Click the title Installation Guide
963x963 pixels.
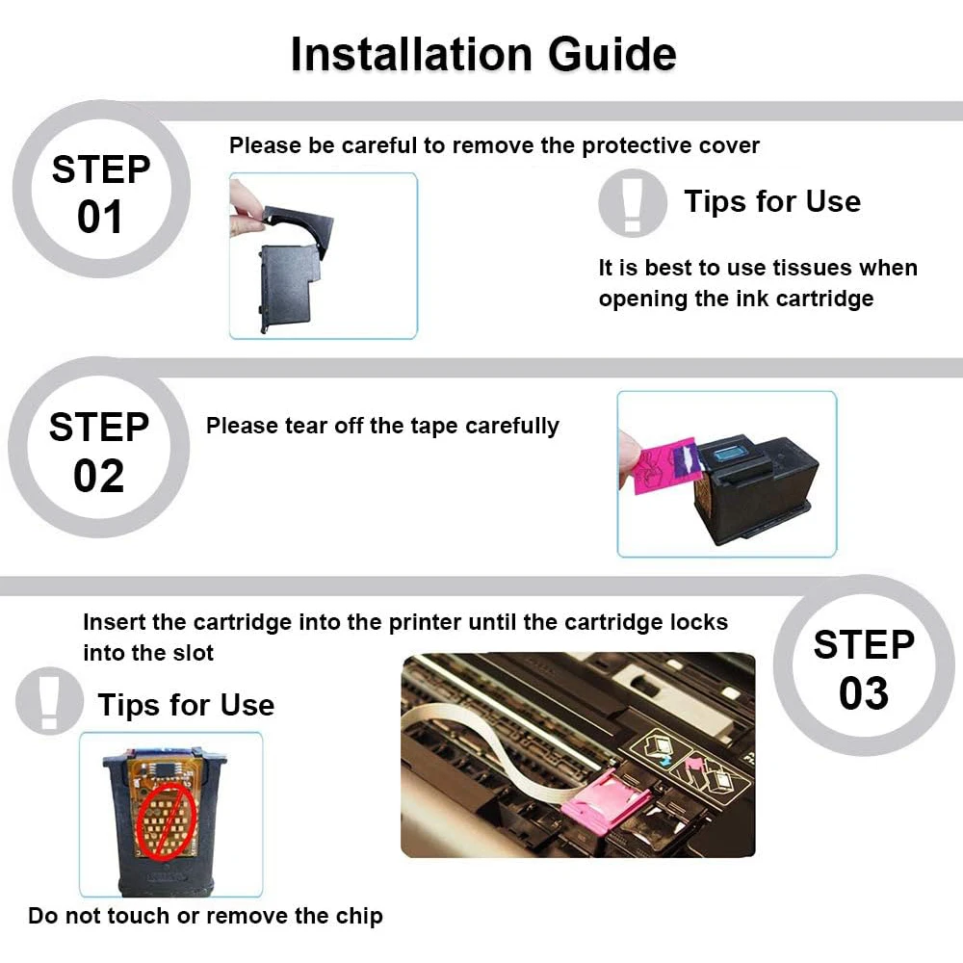[x=483, y=54]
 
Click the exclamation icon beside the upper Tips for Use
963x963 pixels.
[x=633, y=203]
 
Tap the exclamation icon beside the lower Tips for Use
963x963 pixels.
[x=49, y=701]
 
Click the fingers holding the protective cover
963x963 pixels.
[x=246, y=209]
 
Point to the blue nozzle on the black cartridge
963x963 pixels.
[x=730, y=455]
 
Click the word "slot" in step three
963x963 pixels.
[x=195, y=653]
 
